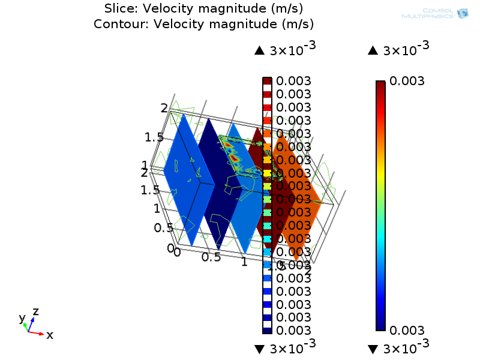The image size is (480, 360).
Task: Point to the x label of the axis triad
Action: click(x=50, y=335)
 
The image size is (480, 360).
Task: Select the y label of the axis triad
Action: click(x=22, y=318)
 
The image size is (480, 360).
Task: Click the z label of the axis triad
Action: click(x=35, y=311)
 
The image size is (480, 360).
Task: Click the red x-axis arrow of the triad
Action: click(x=37, y=332)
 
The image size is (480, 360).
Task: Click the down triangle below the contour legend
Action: click(x=259, y=349)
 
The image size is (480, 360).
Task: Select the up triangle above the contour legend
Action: click(x=259, y=51)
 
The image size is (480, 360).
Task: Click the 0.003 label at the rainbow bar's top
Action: click(x=407, y=81)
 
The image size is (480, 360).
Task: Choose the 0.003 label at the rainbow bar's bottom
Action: click(x=407, y=330)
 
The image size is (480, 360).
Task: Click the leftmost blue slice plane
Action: click(x=180, y=180)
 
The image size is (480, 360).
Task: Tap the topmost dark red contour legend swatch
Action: click(x=267, y=81)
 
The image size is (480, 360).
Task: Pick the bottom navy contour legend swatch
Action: click(x=267, y=330)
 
